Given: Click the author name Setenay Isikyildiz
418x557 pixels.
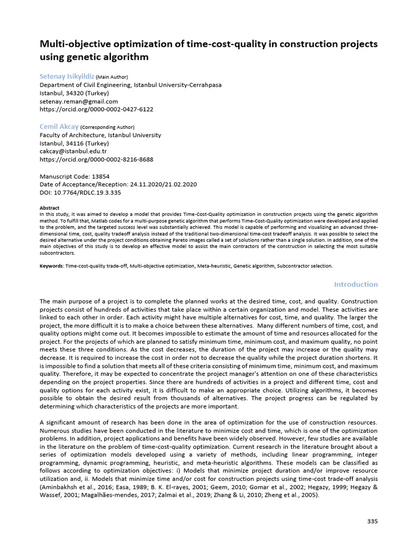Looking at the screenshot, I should click(67, 77).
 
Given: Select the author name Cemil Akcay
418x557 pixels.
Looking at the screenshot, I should click(59, 127).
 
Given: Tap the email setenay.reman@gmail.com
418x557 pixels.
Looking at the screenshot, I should click(79, 101).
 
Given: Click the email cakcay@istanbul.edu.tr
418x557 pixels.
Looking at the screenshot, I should click(73, 151).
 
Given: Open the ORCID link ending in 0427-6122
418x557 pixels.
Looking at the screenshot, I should click(96, 109).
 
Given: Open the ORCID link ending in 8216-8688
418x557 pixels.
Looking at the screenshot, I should click(96, 159).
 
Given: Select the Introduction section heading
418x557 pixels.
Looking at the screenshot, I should click(355, 284).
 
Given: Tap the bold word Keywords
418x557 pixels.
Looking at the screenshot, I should click(52, 266).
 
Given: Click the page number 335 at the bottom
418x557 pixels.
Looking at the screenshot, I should click(372, 521).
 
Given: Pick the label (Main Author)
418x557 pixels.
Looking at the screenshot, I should click(112, 77).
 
